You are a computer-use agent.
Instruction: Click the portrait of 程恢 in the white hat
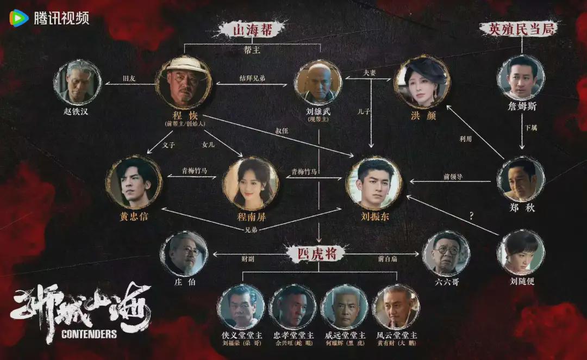(183, 83)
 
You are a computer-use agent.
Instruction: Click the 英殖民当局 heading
(520, 29)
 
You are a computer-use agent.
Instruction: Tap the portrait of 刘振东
(375, 183)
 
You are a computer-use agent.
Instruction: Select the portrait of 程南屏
(251, 184)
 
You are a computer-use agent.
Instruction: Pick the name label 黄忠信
(134, 216)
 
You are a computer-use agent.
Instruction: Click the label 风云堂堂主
(396, 335)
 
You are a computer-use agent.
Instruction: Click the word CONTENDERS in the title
(89, 334)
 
